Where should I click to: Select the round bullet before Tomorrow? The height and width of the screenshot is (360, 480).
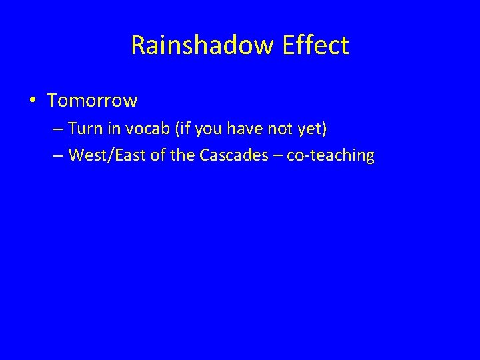coord(33,101)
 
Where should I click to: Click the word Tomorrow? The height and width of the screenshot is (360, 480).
coord(93,101)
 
